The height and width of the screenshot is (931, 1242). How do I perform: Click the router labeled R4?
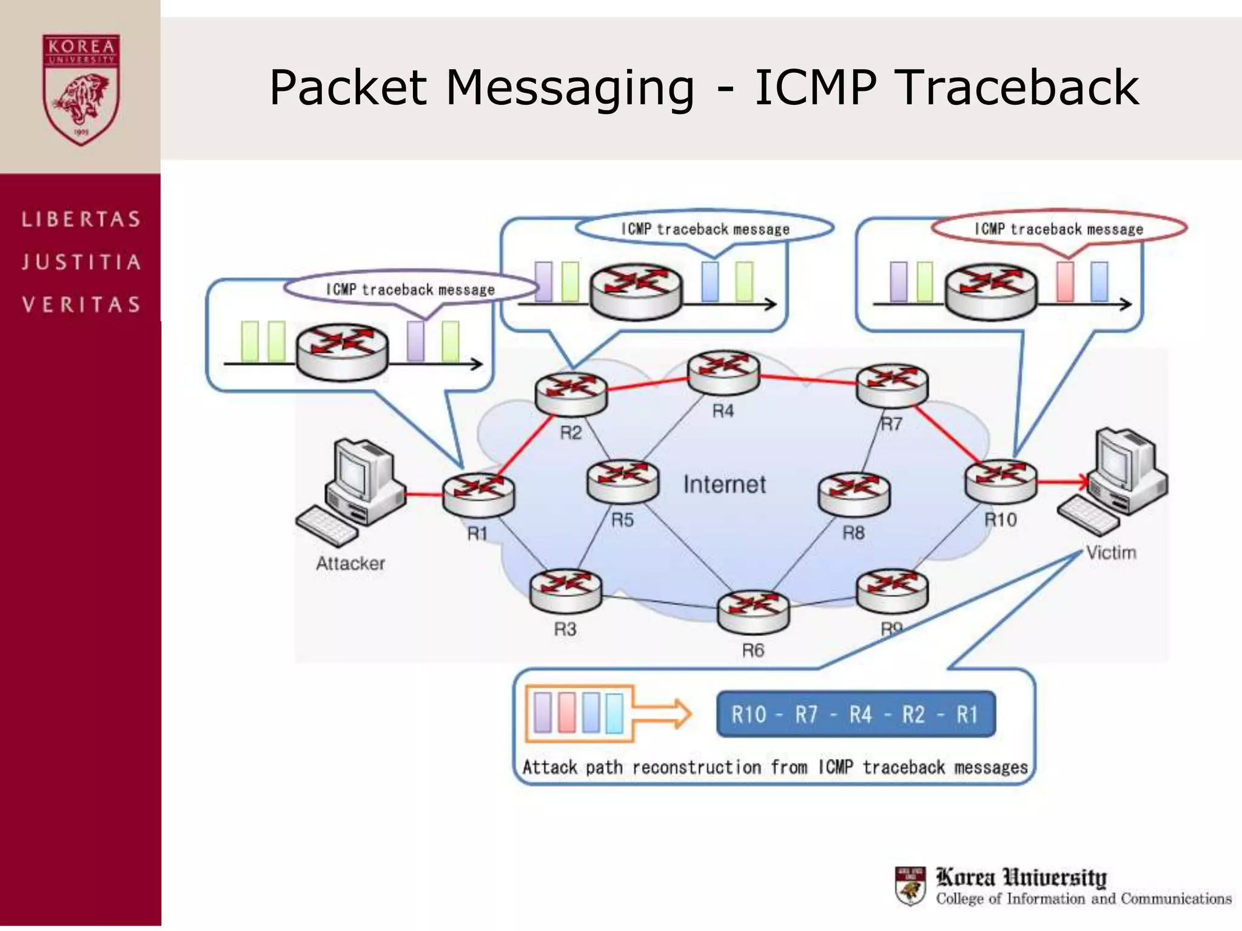tap(723, 372)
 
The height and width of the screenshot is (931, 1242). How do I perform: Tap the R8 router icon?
tap(854, 494)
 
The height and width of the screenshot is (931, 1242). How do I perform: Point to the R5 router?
tap(623, 481)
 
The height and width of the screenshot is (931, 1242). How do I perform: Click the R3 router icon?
tap(565, 590)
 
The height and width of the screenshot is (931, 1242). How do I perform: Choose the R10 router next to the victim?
tap(1001, 481)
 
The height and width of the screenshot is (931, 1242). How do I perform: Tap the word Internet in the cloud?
tap(724, 484)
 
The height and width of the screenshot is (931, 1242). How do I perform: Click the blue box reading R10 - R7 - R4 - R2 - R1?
tap(855, 714)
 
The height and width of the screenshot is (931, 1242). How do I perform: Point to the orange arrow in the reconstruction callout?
tap(664, 713)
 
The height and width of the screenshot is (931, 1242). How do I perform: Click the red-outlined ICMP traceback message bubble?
tap(1058, 229)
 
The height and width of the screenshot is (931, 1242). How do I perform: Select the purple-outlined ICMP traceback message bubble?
tap(410, 289)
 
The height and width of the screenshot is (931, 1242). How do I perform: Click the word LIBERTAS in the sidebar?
tap(81, 219)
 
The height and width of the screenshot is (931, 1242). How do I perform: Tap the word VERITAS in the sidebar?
tap(81, 304)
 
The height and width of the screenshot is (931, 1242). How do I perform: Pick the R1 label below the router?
tap(477, 533)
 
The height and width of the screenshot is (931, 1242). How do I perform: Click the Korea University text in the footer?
tap(1021, 877)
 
